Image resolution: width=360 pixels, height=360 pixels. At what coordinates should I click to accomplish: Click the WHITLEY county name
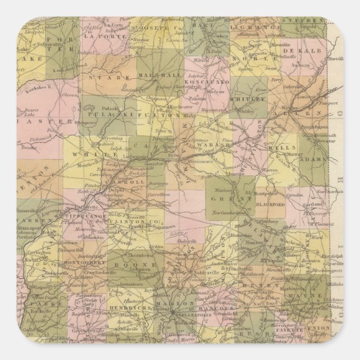(250, 98)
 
